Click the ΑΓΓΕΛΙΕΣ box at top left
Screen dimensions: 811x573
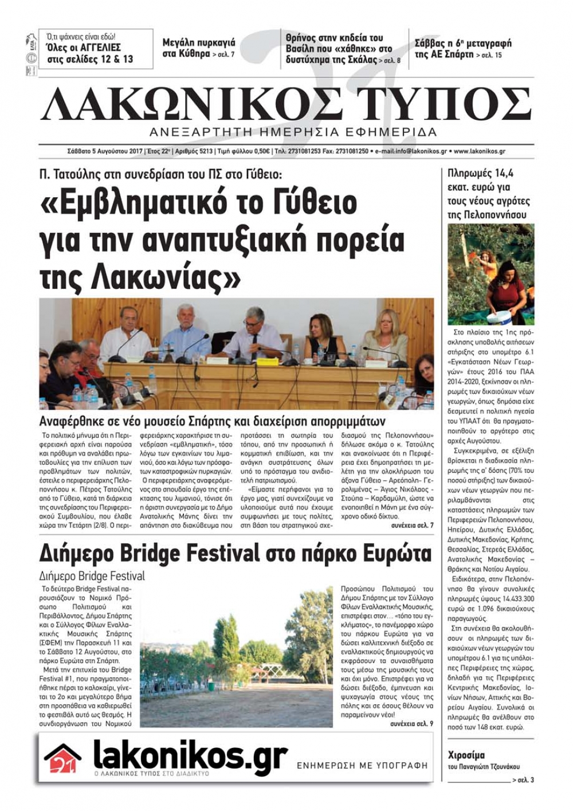click(96, 49)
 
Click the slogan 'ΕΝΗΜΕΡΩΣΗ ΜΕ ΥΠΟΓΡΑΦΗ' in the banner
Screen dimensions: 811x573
click(362, 765)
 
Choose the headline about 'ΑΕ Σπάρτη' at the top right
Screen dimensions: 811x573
click(463, 49)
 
